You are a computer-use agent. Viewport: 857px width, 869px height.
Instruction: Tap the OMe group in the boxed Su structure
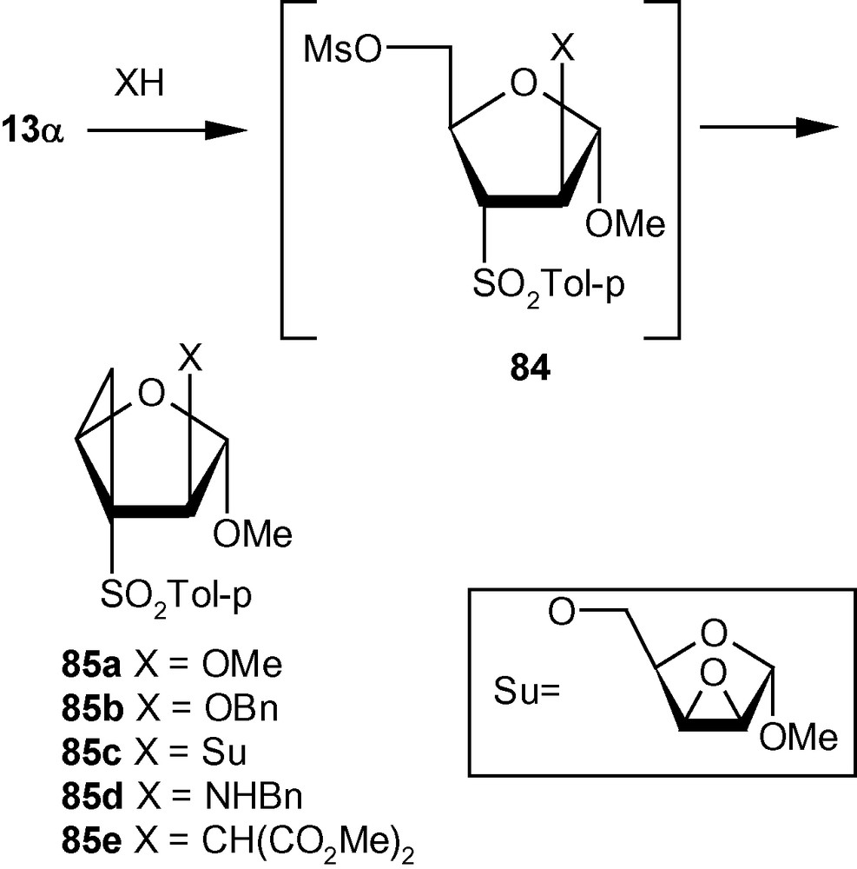(x=798, y=739)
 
